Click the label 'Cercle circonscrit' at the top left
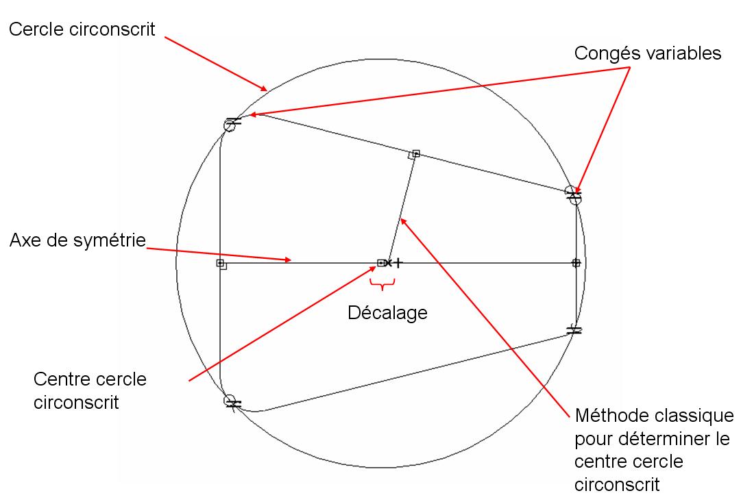click(81, 29)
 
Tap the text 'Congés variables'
click(648, 53)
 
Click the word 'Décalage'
click(387, 313)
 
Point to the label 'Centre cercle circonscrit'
click(89, 390)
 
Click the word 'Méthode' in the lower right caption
click(610, 415)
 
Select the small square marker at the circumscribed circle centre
click(381, 262)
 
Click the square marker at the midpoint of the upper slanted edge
click(415, 154)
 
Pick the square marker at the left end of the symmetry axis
click(220, 263)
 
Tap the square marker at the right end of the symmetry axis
click(576, 262)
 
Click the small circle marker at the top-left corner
click(230, 125)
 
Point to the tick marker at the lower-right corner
click(574, 330)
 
